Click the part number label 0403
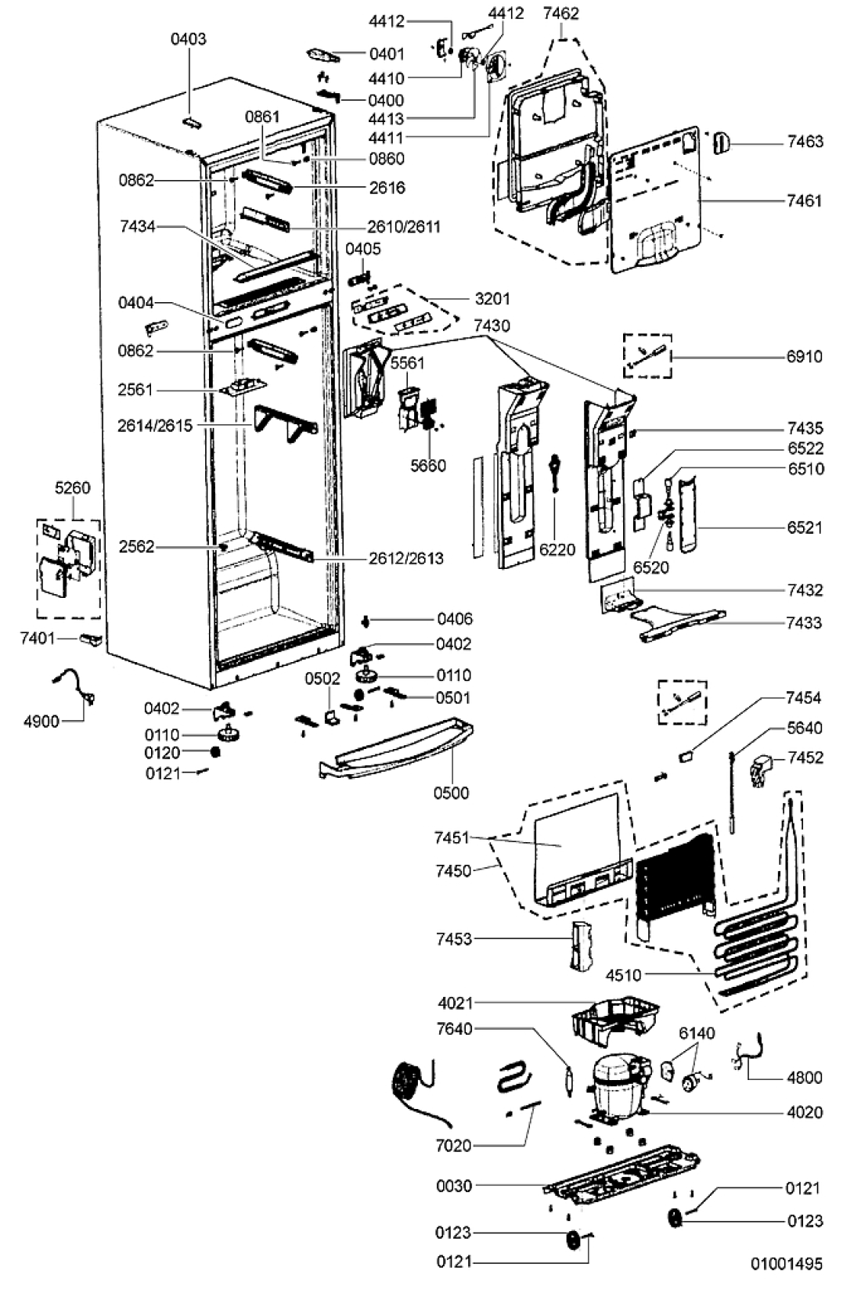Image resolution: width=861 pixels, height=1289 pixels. (188, 39)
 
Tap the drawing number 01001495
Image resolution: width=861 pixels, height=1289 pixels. (786, 1264)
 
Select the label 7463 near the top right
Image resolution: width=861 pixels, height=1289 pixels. (805, 142)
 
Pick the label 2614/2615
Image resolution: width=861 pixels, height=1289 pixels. (155, 426)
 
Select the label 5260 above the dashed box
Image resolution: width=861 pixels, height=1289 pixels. (73, 488)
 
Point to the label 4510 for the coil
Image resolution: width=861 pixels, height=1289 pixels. (623, 975)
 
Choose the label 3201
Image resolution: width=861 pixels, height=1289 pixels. (492, 299)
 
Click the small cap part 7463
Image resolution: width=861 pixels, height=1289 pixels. (721, 142)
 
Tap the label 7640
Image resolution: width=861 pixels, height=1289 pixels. (454, 1028)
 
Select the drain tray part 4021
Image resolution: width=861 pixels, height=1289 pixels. (615, 1021)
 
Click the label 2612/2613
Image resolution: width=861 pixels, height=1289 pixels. (405, 558)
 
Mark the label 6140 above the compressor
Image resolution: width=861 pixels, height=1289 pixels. (697, 1034)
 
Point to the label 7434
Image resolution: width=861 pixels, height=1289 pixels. (138, 227)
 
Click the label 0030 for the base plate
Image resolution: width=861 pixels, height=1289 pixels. (453, 1186)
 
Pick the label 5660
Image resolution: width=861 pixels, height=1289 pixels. (427, 466)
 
